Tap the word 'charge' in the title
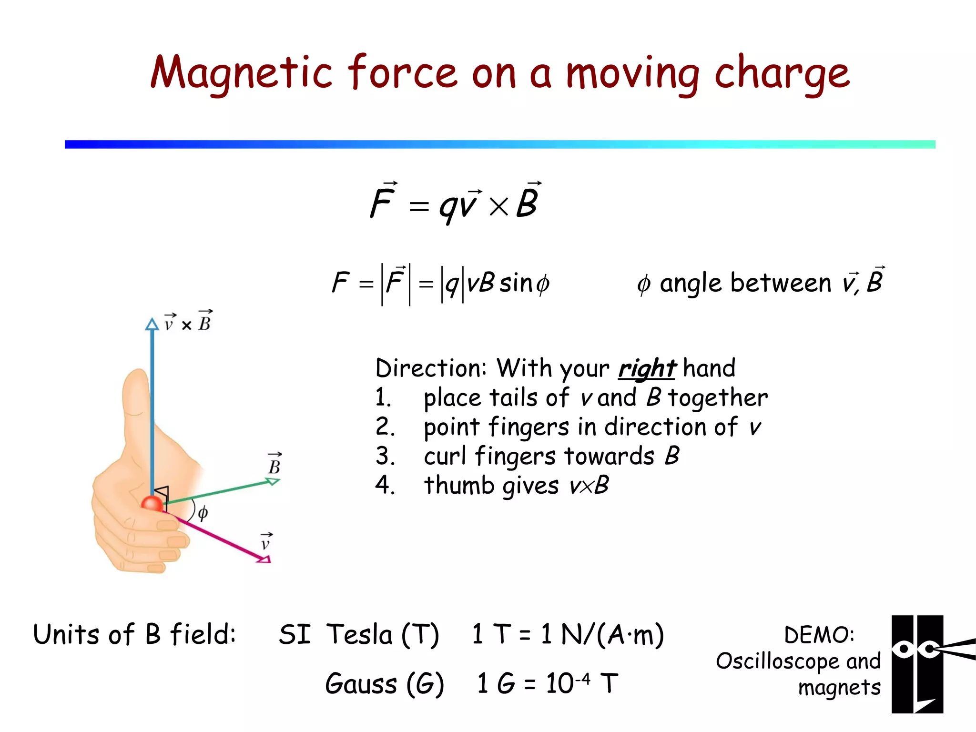(x=782, y=73)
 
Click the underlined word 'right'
(x=647, y=368)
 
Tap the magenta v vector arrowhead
(x=264, y=559)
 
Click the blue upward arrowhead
(x=152, y=325)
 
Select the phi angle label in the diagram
(x=203, y=513)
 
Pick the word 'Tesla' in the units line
(x=359, y=635)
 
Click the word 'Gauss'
(x=361, y=683)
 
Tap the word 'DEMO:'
(x=819, y=635)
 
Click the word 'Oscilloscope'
(x=777, y=661)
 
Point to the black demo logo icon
(x=917, y=664)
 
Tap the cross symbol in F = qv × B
(x=498, y=207)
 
